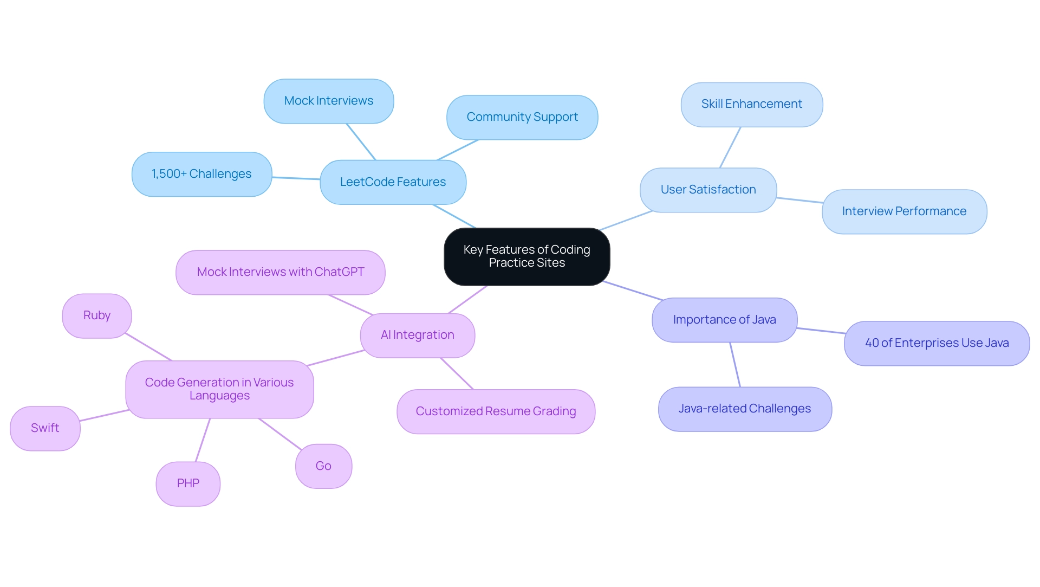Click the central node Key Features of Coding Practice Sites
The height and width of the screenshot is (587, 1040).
point(526,256)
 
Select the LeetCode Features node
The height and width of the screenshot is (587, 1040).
point(393,182)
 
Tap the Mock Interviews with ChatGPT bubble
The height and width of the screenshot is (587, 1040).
point(280,272)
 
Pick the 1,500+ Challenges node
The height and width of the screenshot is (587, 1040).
point(201,174)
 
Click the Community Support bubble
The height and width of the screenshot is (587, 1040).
point(522,117)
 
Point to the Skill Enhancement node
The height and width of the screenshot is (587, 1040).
point(751,104)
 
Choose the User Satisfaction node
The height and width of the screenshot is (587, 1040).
point(708,190)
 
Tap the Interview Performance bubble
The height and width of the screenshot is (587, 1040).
point(904,211)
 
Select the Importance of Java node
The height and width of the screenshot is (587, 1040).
point(724,320)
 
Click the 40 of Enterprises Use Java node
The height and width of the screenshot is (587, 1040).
point(937,343)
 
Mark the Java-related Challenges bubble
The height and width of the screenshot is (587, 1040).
point(744,409)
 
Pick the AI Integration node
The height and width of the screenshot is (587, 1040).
point(417,335)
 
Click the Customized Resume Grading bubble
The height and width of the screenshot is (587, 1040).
point(496,411)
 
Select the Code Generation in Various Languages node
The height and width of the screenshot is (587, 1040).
point(219,389)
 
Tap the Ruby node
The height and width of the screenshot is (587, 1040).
point(97,315)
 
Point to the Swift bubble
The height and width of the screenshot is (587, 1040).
point(45,428)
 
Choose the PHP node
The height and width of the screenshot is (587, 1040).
point(188,483)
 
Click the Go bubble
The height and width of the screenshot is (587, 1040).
point(323,466)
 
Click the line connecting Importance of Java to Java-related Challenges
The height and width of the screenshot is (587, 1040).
point(735,365)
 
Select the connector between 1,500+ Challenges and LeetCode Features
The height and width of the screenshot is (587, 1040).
point(296,178)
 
